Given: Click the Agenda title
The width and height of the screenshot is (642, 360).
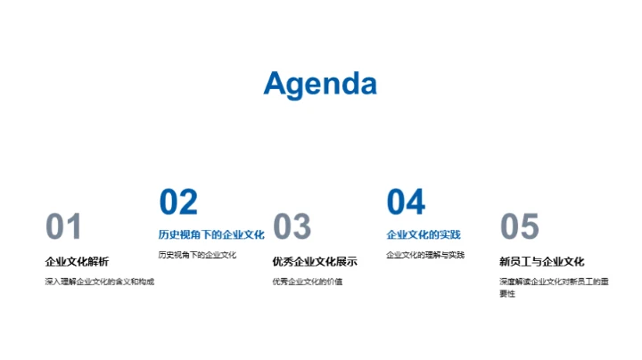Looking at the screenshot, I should (x=320, y=84).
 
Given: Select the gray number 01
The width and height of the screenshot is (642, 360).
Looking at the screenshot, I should (x=64, y=227).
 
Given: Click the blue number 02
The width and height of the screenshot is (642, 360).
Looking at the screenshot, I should (x=178, y=202).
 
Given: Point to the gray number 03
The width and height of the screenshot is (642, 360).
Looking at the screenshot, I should (x=292, y=227).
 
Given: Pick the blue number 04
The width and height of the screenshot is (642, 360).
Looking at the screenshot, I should (x=406, y=202).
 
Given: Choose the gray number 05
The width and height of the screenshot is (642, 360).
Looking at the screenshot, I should (x=519, y=227).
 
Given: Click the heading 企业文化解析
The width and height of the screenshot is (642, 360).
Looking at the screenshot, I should (x=77, y=262).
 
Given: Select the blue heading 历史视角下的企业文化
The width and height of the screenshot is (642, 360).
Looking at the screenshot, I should (x=211, y=235).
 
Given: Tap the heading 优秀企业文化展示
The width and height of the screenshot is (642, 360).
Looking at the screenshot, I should (x=315, y=262).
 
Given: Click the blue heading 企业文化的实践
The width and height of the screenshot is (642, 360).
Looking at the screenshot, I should (x=424, y=235).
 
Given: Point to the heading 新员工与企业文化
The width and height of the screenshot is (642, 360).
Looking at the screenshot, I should (x=542, y=262).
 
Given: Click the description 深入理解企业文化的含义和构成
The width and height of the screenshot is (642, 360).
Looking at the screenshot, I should (x=100, y=282).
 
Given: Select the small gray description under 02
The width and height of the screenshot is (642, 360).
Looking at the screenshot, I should (x=197, y=255).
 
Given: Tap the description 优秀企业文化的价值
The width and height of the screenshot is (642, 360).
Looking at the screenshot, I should (x=308, y=282).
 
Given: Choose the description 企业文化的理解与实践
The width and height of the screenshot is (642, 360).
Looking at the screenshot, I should (x=425, y=255).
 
